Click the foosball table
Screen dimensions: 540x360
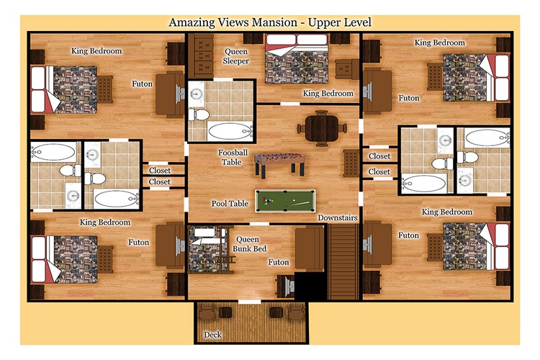point(279,165)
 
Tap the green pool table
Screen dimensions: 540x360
point(285,201)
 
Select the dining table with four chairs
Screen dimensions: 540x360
point(322,128)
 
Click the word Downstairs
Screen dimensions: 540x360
point(338,217)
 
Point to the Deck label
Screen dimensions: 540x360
point(212,335)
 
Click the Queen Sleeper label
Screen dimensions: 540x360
point(236,56)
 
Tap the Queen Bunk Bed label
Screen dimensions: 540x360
point(249,244)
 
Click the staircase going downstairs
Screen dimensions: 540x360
point(342,262)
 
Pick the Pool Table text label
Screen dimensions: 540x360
point(230,204)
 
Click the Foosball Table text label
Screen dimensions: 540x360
point(233,157)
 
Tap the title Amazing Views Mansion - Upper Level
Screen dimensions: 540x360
point(270,22)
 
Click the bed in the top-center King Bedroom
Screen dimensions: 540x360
point(296,58)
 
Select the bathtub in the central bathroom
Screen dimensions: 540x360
point(230,132)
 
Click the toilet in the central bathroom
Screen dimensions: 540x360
point(199,114)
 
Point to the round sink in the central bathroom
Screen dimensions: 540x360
point(197,93)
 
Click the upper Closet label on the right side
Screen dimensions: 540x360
point(379,156)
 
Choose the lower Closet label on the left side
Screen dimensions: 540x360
point(159,181)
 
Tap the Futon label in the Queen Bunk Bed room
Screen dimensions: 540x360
point(279,262)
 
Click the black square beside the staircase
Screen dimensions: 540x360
point(310,286)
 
